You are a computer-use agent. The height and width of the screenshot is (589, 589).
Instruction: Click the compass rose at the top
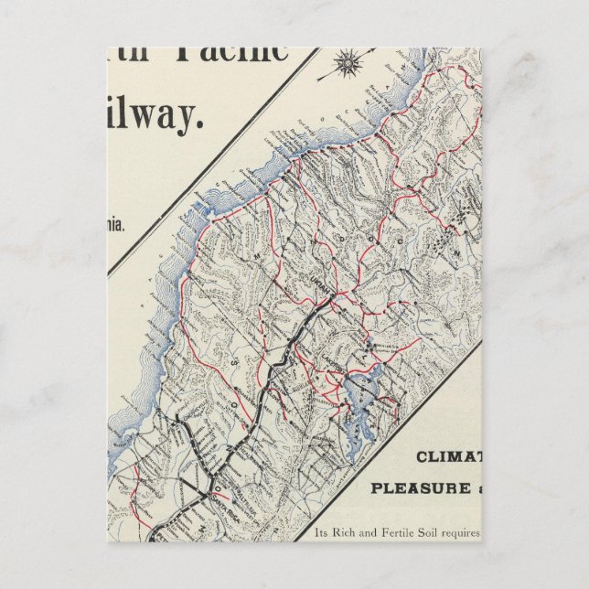[x=348, y=63]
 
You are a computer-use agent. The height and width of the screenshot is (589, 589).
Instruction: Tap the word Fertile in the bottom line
[x=402, y=532]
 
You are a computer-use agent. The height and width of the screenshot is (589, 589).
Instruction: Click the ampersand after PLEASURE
[x=475, y=487]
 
